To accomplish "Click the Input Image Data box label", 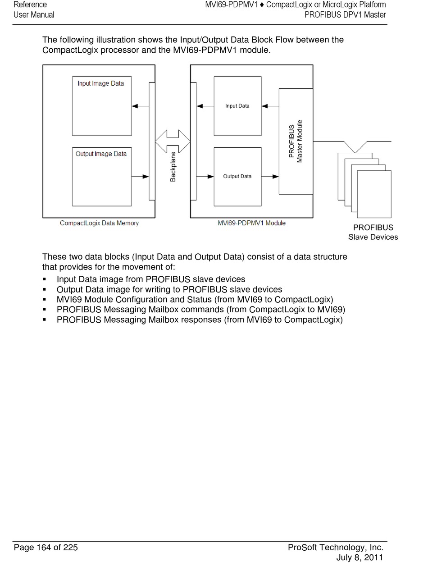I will click(100, 83).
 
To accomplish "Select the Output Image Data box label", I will click(101, 154).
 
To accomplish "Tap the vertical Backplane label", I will click(173, 167).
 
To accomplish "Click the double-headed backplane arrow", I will click(173, 142).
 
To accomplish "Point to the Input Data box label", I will click(237, 106).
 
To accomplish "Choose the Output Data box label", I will click(237, 176).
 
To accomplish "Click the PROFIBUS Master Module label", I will click(296, 141).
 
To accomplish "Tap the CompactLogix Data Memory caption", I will click(99, 223).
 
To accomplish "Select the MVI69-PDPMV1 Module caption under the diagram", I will click(251, 223).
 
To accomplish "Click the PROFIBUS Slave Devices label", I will click(373, 232).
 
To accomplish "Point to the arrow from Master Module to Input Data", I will click(270, 106).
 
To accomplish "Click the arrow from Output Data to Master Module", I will click(270, 177).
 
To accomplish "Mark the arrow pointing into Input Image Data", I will click(140, 106).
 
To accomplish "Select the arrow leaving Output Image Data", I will click(140, 177).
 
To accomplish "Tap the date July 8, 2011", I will click(360, 557).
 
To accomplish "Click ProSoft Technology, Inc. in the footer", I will click(336, 548).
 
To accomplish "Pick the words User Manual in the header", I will click(34, 15).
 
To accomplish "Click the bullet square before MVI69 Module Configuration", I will click(45, 300).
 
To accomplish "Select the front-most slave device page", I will click(374, 194).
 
